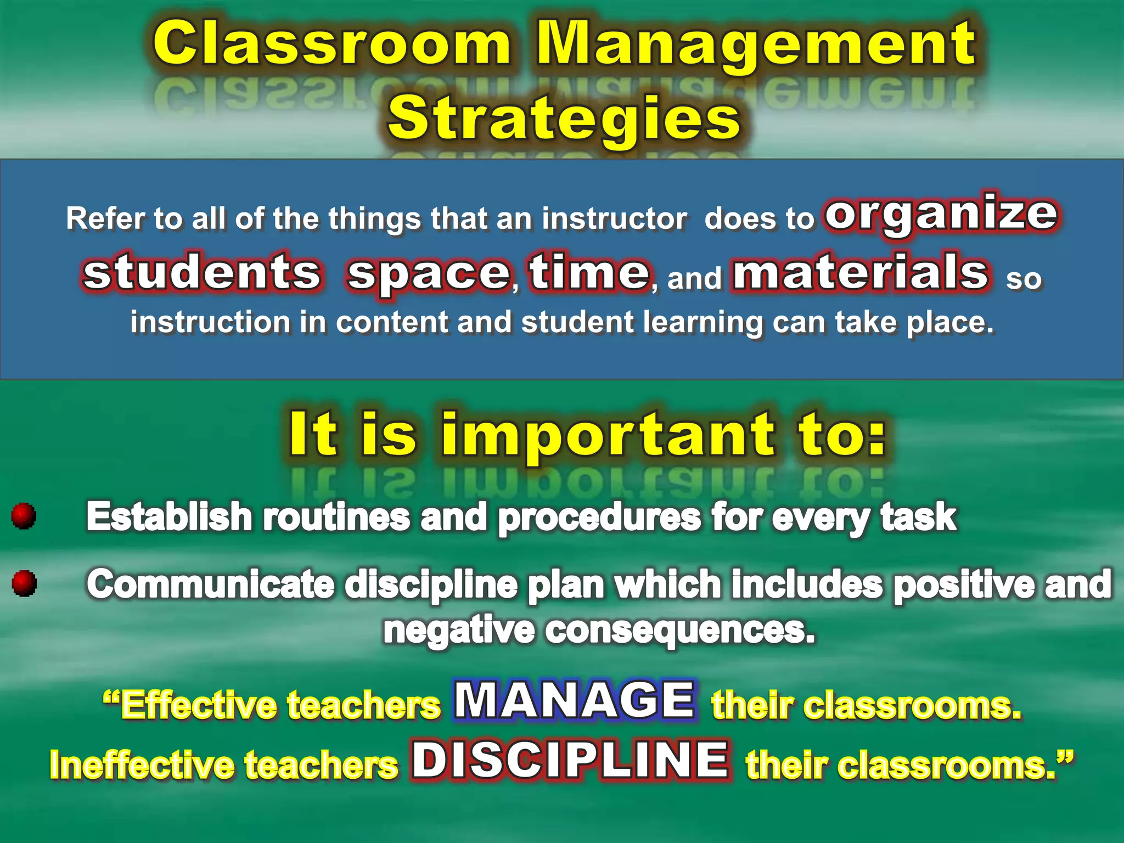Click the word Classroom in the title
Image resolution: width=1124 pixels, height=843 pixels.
[331, 44]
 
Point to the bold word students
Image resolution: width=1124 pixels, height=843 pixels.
[202, 273]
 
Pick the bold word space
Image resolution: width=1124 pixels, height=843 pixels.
[429, 274]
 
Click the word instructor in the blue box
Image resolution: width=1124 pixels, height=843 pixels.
[614, 219]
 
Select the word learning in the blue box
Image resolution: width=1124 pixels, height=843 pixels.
[702, 323]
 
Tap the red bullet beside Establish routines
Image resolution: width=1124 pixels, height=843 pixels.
[24, 516]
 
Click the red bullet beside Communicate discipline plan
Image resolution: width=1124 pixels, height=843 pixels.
[24, 583]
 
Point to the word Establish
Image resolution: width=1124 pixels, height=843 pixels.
[169, 517]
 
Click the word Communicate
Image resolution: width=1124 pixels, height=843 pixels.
[210, 585]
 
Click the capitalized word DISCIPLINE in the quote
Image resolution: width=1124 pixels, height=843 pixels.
[571, 760]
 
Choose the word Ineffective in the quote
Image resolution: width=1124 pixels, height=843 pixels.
[141, 765]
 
